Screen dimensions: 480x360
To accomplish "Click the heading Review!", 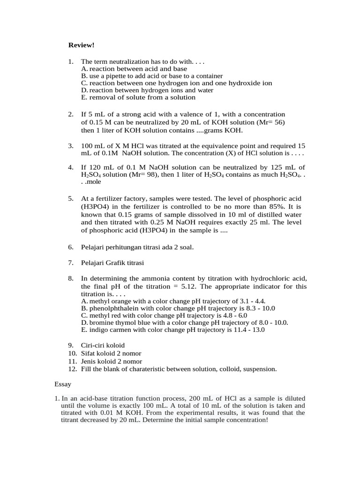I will (81, 45).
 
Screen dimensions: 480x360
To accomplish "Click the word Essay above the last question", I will (63, 384).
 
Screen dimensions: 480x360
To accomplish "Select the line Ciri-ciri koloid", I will (103, 345).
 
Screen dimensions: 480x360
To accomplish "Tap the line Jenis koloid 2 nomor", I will (111, 361).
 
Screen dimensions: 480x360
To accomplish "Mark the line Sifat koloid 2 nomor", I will (111, 353).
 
